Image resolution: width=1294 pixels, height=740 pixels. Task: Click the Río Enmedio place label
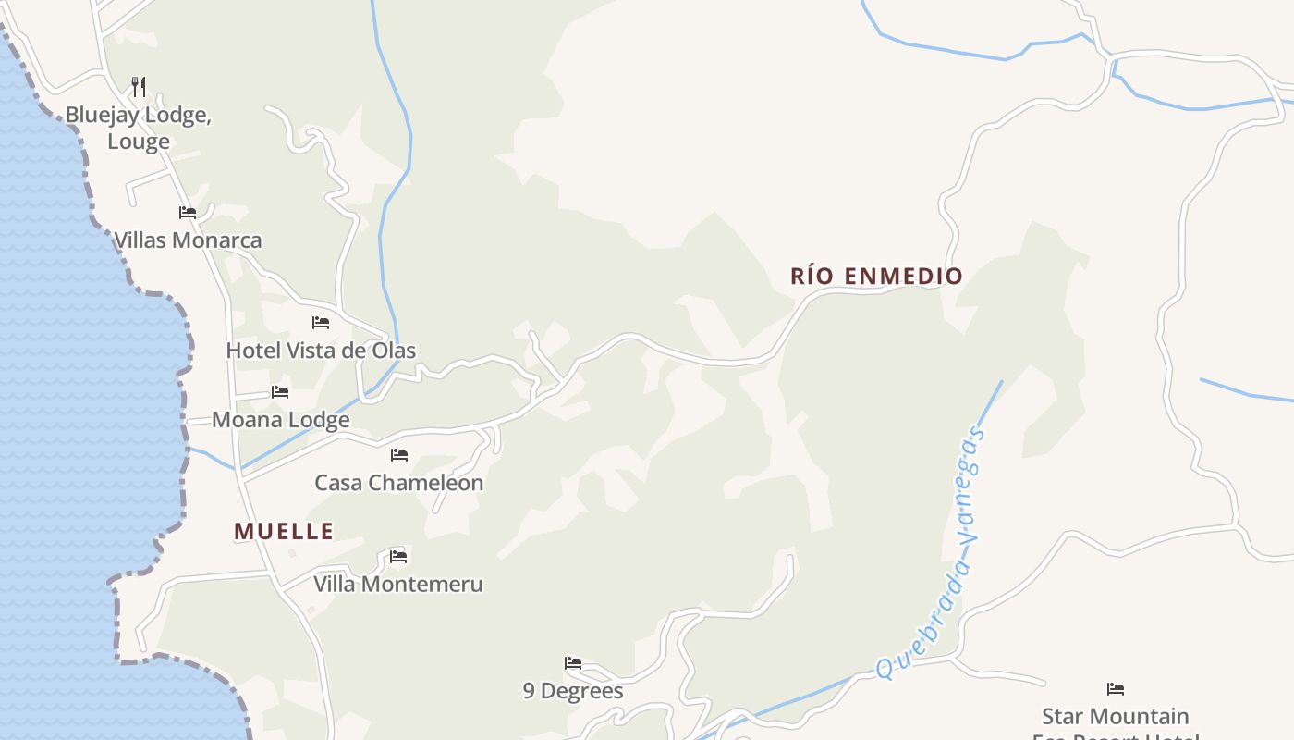(x=876, y=276)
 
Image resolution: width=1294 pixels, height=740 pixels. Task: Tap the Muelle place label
(x=284, y=531)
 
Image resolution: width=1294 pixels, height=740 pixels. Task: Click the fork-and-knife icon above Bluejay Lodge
(x=139, y=87)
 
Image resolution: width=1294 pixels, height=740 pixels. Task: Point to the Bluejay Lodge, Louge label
(x=139, y=128)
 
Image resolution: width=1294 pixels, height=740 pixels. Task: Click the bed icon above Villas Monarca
(x=188, y=212)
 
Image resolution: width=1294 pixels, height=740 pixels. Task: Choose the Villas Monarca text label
(x=188, y=240)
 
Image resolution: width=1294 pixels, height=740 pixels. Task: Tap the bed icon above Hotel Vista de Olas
(x=321, y=322)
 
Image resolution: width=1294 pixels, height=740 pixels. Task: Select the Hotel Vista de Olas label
(x=321, y=351)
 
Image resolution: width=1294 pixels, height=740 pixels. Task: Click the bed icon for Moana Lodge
(x=280, y=391)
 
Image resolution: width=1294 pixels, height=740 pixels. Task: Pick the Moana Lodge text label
(x=280, y=420)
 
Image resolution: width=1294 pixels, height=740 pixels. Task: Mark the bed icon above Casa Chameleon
(x=399, y=454)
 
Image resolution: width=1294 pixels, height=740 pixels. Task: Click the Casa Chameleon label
(x=398, y=483)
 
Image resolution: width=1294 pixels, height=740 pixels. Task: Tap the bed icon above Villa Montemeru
(x=398, y=556)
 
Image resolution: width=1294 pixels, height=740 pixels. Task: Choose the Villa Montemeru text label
(x=398, y=585)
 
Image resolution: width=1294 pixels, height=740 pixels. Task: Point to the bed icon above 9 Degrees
(x=573, y=662)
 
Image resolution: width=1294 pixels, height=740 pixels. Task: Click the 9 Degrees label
(x=573, y=691)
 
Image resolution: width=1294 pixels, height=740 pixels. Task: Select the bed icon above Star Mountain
(x=1116, y=688)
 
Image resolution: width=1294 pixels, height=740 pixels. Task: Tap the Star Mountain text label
(x=1116, y=716)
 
